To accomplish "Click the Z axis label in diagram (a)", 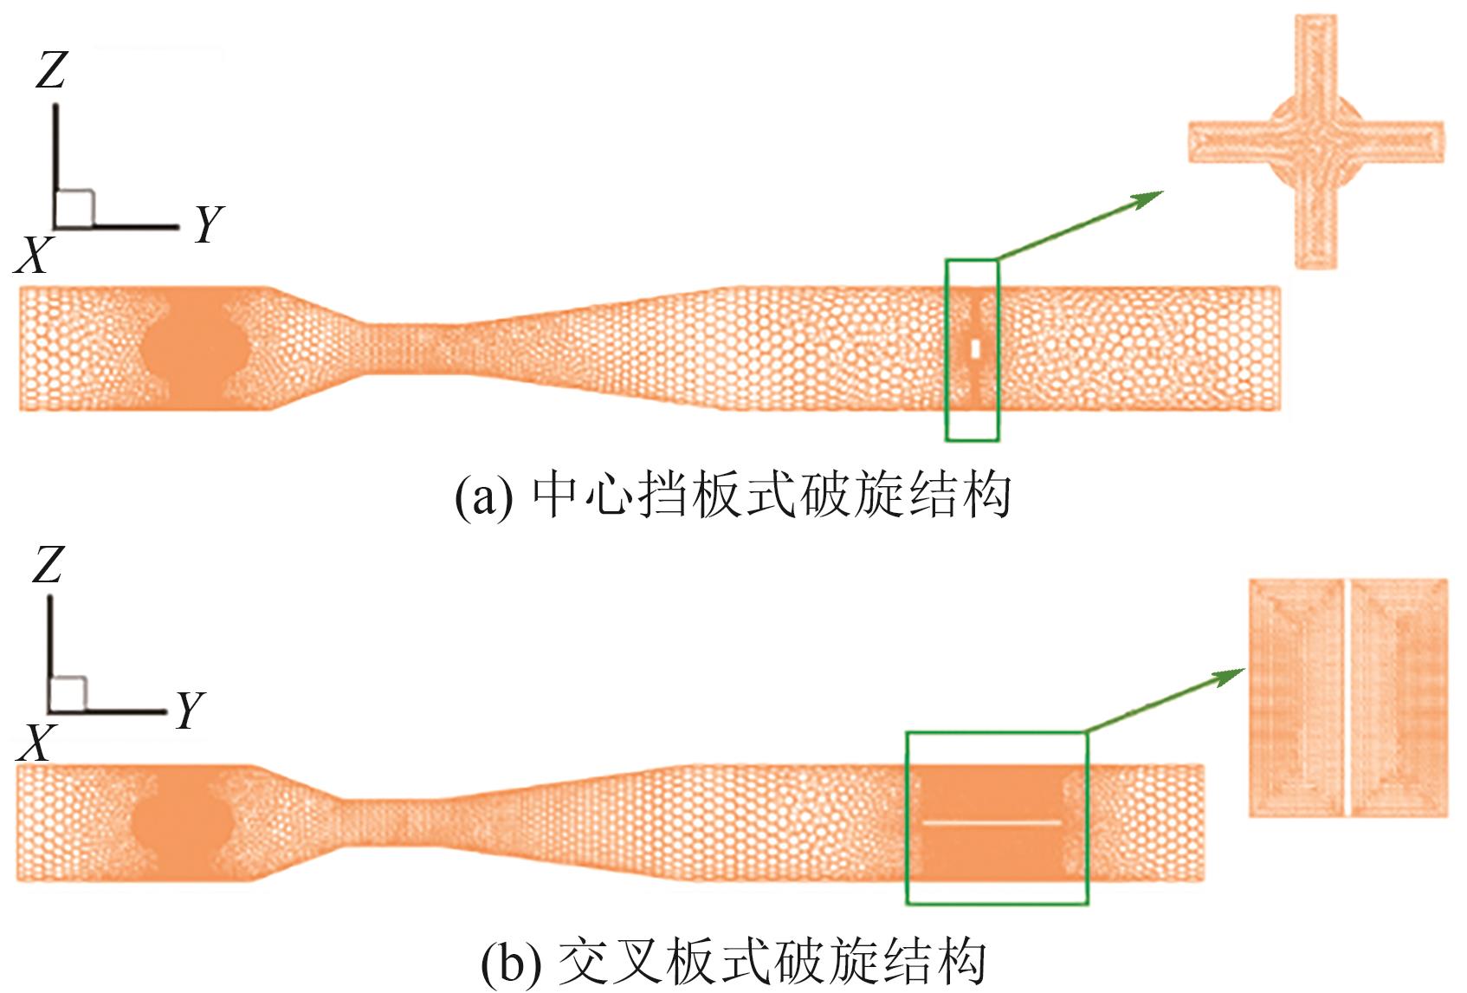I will (51, 71).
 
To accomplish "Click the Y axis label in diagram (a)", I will (209, 224).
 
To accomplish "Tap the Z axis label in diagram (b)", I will (48, 565).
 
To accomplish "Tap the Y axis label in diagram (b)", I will (190, 711).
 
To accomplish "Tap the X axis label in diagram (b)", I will (35, 743).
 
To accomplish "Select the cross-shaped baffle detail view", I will (1315, 141).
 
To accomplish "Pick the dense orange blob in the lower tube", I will (183, 824).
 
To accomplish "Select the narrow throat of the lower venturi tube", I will (381, 823).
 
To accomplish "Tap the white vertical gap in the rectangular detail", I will (1347, 698).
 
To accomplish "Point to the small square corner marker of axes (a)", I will (74, 208).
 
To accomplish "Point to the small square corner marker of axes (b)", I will (68, 694).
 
